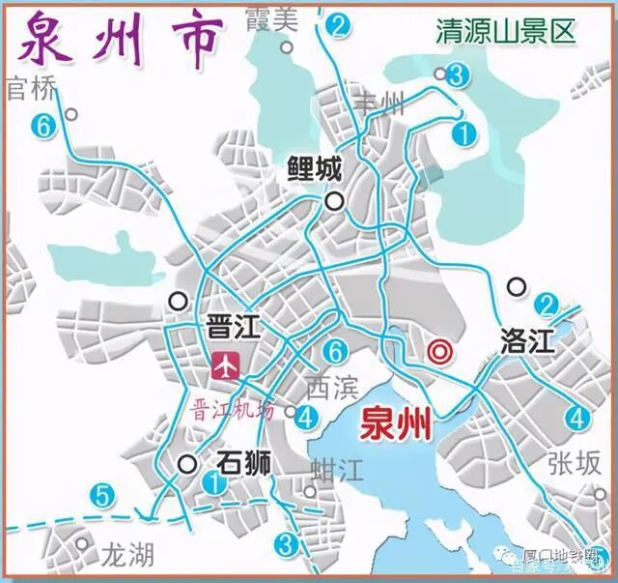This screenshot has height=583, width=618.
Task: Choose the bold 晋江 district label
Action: coord(234,327)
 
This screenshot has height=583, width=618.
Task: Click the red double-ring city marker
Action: coord(440,354)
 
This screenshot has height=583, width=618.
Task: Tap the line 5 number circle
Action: coord(103,497)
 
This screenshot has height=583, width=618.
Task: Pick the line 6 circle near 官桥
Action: coord(41,124)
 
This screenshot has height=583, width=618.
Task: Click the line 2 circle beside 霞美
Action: coord(336,26)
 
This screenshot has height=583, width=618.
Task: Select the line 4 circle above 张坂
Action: coord(577,419)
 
